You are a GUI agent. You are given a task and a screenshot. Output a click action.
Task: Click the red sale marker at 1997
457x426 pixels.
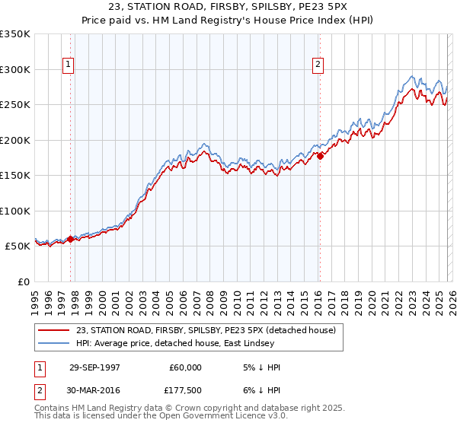tap(71, 239)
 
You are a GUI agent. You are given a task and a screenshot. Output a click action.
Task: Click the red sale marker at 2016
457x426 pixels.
tap(320, 156)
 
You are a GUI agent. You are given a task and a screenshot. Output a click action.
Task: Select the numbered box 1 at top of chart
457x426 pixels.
tap(69, 65)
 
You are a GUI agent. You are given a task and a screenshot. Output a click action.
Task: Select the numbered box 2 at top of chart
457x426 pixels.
tap(318, 65)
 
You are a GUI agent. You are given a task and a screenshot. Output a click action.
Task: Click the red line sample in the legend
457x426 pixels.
tap(53, 329)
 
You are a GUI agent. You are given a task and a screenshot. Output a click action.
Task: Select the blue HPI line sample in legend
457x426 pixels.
tap(53, 343)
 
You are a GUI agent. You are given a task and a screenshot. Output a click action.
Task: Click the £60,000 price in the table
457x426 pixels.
tap(186, 367)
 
